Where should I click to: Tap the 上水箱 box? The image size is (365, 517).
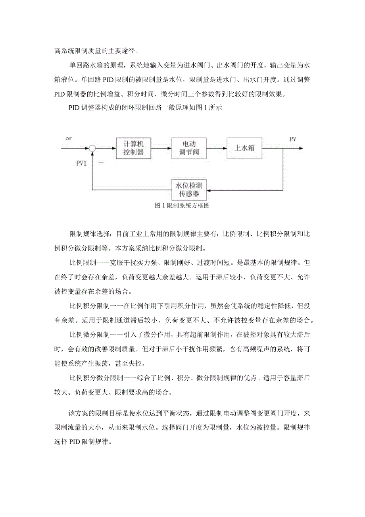244,148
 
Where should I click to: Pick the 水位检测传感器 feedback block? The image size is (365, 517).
189,190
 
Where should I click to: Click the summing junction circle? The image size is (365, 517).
92,148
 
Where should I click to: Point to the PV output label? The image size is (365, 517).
293,139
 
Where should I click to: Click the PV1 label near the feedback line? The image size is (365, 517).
82,163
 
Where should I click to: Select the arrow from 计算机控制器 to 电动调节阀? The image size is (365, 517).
161,148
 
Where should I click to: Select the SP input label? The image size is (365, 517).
69,138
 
